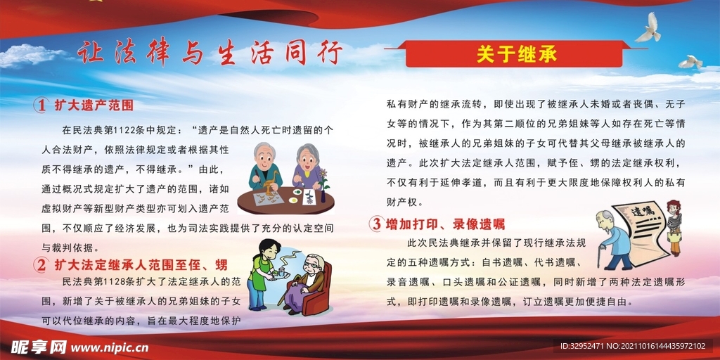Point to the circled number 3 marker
(376, 224)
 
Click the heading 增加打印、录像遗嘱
(445, 224)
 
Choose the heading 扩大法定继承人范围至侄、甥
(141, 265)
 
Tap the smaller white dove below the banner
(690, 62)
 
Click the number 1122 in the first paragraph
(126, 130)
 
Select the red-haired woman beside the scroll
(674, 227)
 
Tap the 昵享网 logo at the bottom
(39, 347)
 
